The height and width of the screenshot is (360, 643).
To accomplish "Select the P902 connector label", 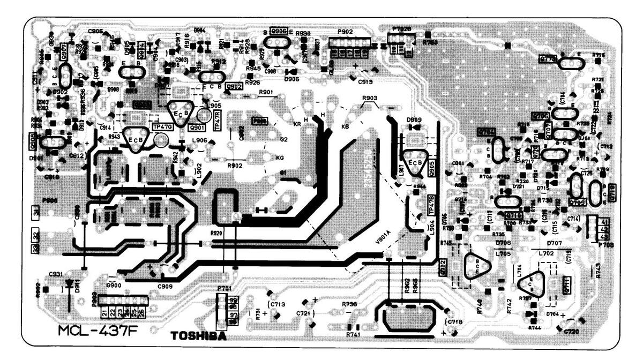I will (x=345, y=32).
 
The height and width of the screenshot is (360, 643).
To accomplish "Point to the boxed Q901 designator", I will (x=196, y=128).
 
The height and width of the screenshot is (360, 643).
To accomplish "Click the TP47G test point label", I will (x=162, y=126).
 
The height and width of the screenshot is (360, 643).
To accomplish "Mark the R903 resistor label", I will (x=370, y=99).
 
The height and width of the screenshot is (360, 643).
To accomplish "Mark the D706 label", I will (x=503, y=243).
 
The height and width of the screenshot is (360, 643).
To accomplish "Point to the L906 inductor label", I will (x=200, y=140).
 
